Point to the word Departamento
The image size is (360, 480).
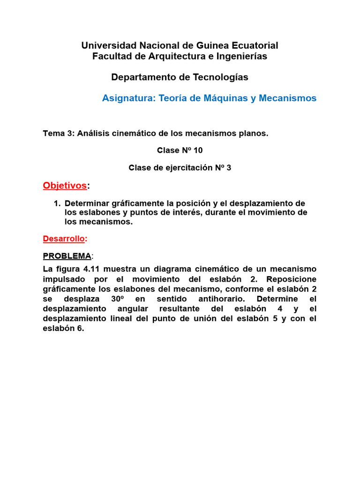(139, 77)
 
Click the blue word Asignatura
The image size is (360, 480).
(128, 98)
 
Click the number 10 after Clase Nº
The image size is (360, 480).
(197, 150)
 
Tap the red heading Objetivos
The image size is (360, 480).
(65, 186)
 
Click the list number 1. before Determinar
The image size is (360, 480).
(57, 203)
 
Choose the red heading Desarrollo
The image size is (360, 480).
(64, 239)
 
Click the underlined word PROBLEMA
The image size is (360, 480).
(67, 256)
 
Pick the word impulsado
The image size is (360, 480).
(65, 279)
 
